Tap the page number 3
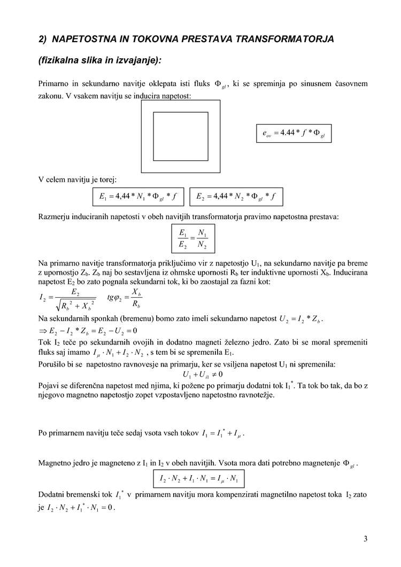click(366, 539)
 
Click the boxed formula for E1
click(138, 197)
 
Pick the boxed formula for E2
click(236, 197)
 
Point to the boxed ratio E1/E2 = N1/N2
click(192, 239)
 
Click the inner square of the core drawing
click(181, 136)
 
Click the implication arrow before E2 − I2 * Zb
click(43, 331)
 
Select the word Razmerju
click(56, 216)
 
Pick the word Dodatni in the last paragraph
click(53, 495)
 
